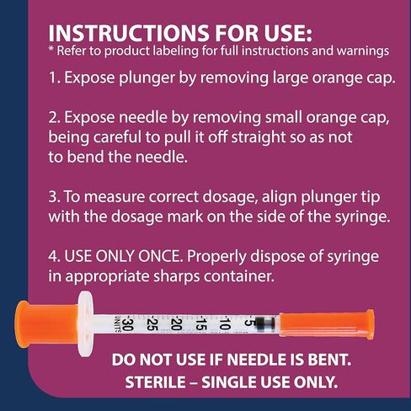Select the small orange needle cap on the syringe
click(325, 320)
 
